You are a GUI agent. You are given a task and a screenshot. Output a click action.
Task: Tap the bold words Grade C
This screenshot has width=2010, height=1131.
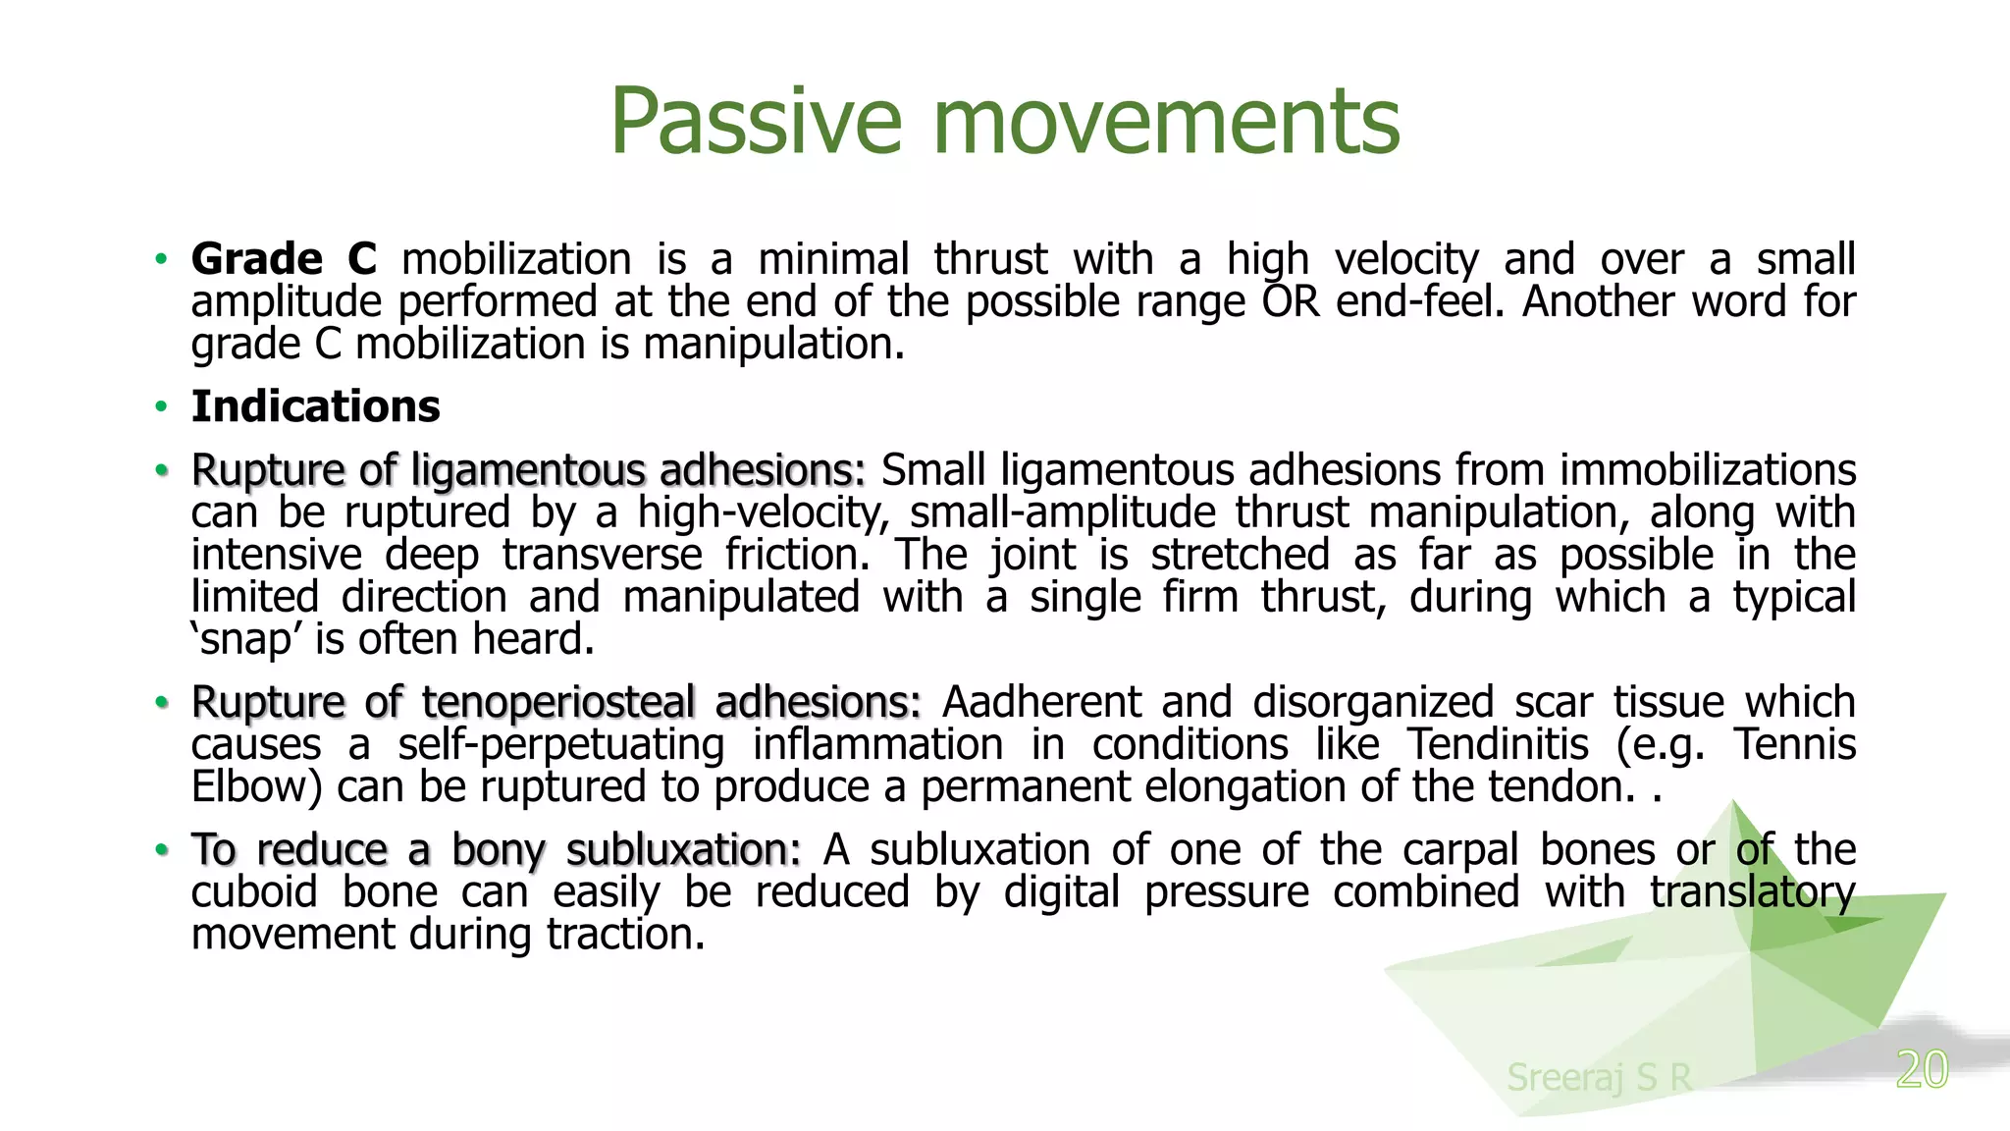click(284, 259)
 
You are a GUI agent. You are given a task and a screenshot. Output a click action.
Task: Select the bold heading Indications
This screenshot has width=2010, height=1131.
click(315, 406)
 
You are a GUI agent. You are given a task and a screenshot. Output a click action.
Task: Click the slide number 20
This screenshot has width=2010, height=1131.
click(1922, 1069)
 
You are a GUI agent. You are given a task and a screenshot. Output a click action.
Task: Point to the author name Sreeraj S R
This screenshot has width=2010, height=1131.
click(1599, 1077)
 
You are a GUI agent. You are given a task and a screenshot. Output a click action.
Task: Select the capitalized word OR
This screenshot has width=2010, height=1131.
click(1291, 301)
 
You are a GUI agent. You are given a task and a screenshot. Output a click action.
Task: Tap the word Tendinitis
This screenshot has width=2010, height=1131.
click(1498, 745)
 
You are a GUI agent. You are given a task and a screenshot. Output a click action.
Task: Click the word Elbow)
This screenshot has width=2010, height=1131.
click(256, 787)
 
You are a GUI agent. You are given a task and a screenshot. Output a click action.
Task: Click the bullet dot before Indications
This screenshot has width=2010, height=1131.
click(161, 407)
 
